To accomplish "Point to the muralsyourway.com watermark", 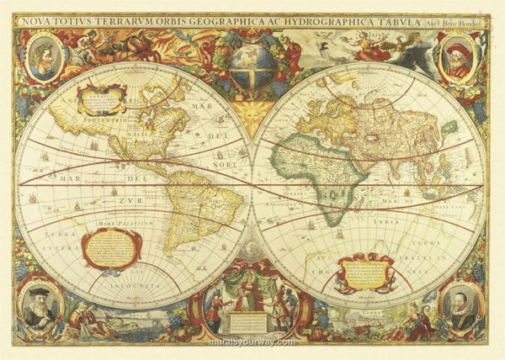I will [252, 342].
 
